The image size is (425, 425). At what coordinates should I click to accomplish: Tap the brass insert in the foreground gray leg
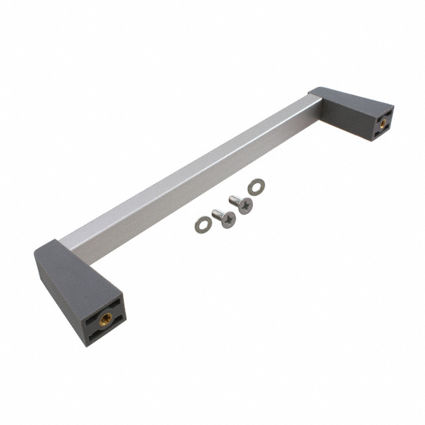point(105,319)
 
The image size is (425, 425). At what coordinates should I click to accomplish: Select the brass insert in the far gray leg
point(383,122)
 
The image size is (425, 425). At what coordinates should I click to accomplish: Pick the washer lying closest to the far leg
point(254,188)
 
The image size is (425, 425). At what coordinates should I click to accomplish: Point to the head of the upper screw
point(246,207)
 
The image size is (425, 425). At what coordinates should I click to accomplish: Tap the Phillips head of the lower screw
point(228,220)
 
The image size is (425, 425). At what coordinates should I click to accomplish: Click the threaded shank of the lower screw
point(217,213)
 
